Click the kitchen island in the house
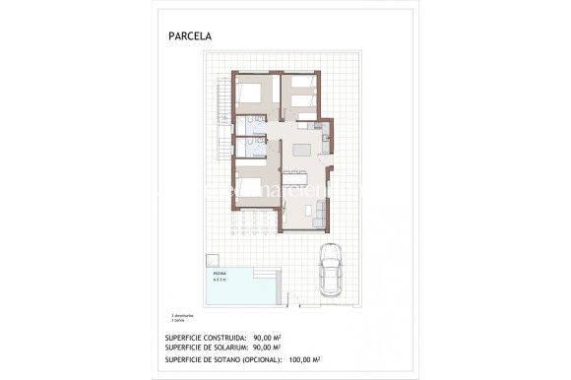(x=301, y=150)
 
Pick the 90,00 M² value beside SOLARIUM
(x=267, y=347)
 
